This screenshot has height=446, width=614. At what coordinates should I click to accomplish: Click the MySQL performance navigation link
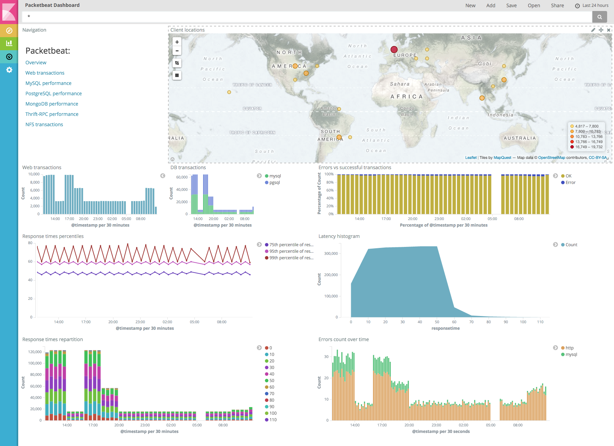pyautogui.click(x=48, y=83)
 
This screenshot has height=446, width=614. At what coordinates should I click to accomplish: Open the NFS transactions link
pyautogui.click(x=44, y=124)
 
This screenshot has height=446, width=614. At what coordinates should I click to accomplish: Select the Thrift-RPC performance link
pyautogui.click(x=52, y=114)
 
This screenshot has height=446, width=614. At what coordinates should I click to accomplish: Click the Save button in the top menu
pyautogui.click(x=511, y=6)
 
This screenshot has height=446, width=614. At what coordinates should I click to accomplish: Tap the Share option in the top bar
pyautogui.click(x=557, y=6)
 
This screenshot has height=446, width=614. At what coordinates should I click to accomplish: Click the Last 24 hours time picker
pyautogui.click(x=592, y=6)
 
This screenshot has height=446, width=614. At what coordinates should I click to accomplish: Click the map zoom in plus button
pyautogui.click(x=177, y=42)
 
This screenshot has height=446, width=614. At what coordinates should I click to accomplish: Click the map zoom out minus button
pyautogui.click(x=177, y=51)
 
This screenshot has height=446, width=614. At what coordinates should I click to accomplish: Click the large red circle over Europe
pyautogui.click(x=394, y=50)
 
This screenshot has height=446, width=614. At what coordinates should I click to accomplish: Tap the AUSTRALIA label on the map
pyautogui.click(x=520, y=138)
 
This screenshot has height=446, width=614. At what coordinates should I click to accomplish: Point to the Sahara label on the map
pyautogui.click(x=400, y=84)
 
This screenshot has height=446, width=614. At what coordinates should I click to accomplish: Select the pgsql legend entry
pyautogui.click(x=274, y=183)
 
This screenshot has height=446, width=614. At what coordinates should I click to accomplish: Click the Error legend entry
pyautogui.click(x=570, y=183)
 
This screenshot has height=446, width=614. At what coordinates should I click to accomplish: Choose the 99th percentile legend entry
pyautogui.click(x=291, y=258)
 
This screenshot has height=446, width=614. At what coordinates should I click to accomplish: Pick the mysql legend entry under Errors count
pyautogui.click(x=571, y=355)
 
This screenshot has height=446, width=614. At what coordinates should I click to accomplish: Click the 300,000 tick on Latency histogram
pyautogui.click(x=331, y=254)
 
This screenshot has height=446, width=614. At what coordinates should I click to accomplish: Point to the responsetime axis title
pyautogui.click(x=445, y=328)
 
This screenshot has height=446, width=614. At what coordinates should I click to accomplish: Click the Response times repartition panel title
pyautogui.click(x=53, y=339)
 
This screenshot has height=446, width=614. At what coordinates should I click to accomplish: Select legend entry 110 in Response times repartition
pyautogui.click(x=273, y=420)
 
